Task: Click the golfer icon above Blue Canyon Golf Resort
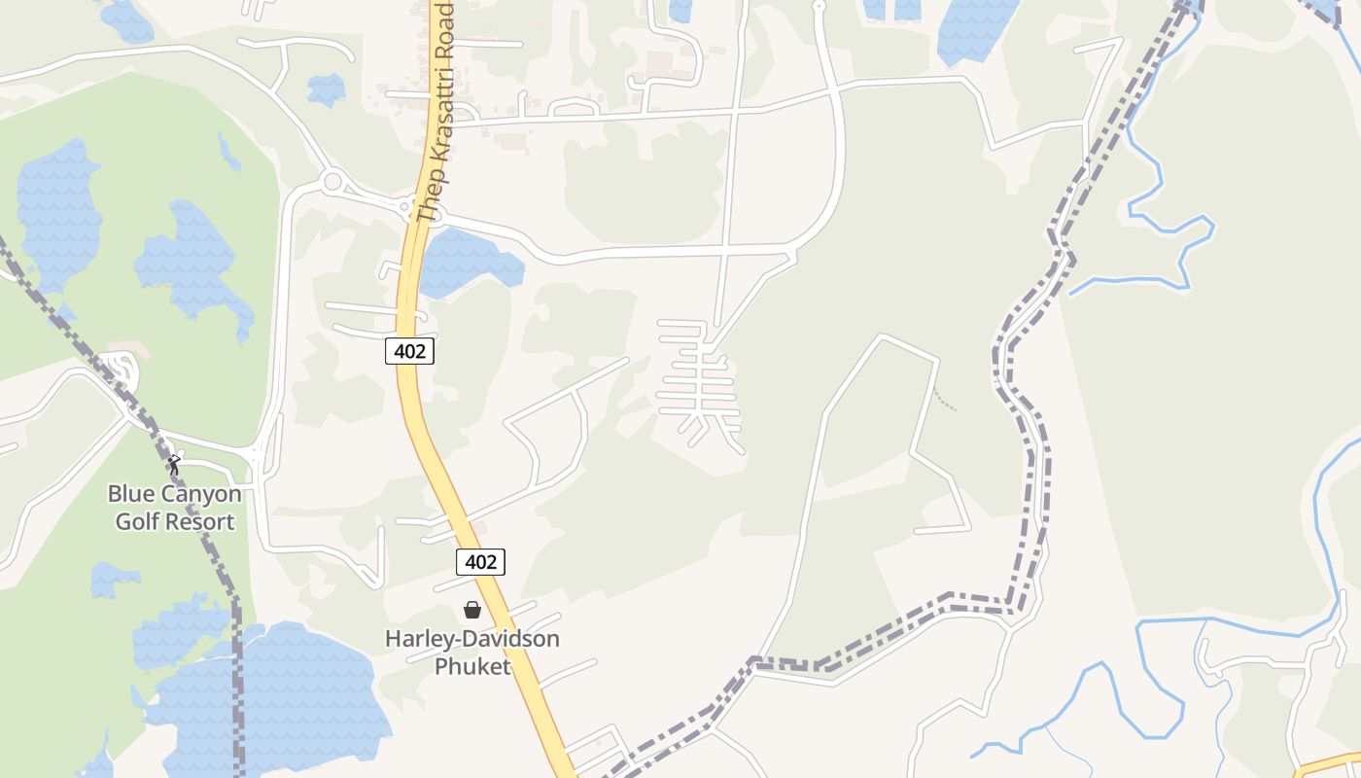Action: coord(175,465)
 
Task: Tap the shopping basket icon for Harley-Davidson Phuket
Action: coord(472,610)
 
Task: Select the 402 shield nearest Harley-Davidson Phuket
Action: coord(480,561)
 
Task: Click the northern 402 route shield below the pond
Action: coord(409,351)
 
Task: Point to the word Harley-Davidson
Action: coord(472,639)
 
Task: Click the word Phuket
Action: coord(472,666)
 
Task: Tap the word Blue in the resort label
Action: coord(131,494)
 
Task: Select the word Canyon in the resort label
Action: coord(200,494)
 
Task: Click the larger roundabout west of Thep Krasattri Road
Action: coord(332,181)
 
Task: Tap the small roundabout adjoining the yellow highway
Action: coord(404,206)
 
